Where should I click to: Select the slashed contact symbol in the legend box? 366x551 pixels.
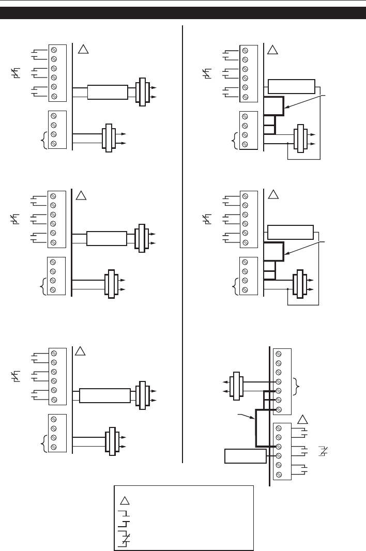[125, 540]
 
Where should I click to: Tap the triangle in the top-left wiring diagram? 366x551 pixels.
[83, 50]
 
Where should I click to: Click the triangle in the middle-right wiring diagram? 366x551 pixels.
[273, 195]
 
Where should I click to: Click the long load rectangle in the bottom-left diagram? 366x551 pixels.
[104, 396]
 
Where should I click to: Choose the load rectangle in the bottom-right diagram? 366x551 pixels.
[245, 456]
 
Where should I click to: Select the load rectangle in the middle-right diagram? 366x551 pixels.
[291, 232]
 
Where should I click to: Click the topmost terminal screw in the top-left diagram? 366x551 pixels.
[54, 50]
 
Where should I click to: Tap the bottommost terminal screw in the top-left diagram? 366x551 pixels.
[54, 143]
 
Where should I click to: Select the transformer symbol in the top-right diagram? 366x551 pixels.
[298, 138]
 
